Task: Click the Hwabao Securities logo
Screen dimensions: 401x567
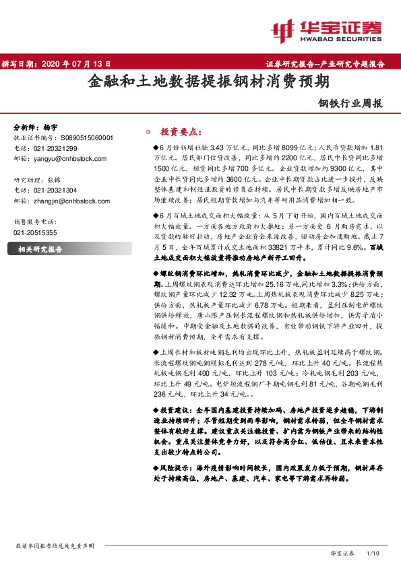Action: pyautogui.click(x=327, y=30)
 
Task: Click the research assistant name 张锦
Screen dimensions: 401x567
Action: pyautogui.click(x=53, y=180)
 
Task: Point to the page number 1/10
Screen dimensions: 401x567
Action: pyautogui.click(x=372, y=553)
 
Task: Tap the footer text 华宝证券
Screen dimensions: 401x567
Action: pyautogui.click(x=343, y=553)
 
